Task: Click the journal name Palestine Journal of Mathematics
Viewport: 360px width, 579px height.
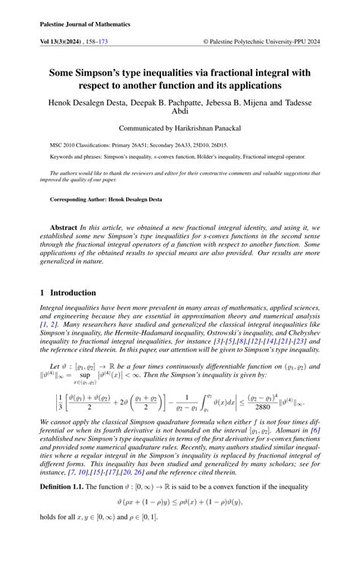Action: [x=85, y=24]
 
